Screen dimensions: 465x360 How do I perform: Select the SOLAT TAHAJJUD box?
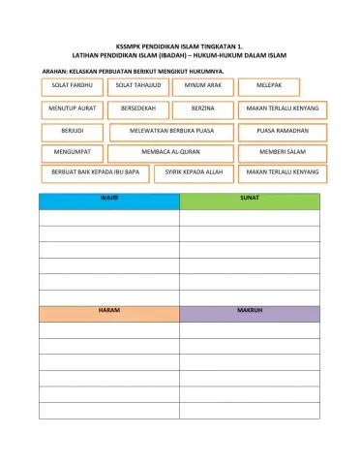click(x=135, y=86)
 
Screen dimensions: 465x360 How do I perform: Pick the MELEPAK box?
click(x=268, y=86)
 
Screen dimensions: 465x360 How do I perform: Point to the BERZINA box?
click(x=203, y=108)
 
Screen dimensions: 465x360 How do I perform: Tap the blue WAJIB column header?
click(x=109, y=200)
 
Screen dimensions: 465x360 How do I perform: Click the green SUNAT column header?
click(x=250, y=200)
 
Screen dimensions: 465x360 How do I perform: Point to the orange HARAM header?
click(x=109, y=313)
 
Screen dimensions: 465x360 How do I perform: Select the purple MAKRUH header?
click(x=250, y=313)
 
